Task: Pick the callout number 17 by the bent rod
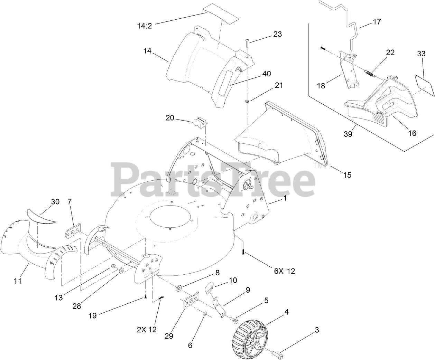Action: pyautogui.click(x=377, y=22)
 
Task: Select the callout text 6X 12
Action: pyautogui.click(x=285, y=271)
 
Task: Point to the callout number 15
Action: pyautogui.click(x=347, y=175)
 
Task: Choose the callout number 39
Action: pyautogui.click(x=348, y=134)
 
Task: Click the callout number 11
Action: pyautogui.click(x=18, y=281)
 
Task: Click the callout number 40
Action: pyautogui.click(x=267, y=74)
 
